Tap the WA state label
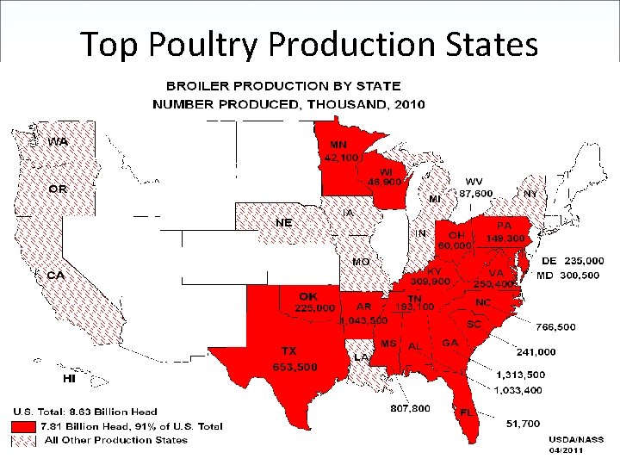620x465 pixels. click(59, 141)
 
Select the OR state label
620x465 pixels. click(59, 189)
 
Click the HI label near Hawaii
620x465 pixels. click(70, 378)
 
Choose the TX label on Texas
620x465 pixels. click(289, 350)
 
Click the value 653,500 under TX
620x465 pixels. click(294, 367)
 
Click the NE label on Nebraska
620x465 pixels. click(283, 222)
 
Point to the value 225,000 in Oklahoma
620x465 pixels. click(315, 307)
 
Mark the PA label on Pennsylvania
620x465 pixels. click(503, 226)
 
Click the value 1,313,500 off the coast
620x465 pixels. click(520, 375)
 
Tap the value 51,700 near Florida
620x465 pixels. click(523, 424)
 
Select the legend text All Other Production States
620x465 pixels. click(115, 440)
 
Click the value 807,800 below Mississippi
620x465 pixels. click(410, 408)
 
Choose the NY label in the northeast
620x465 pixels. click(530, 194)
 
